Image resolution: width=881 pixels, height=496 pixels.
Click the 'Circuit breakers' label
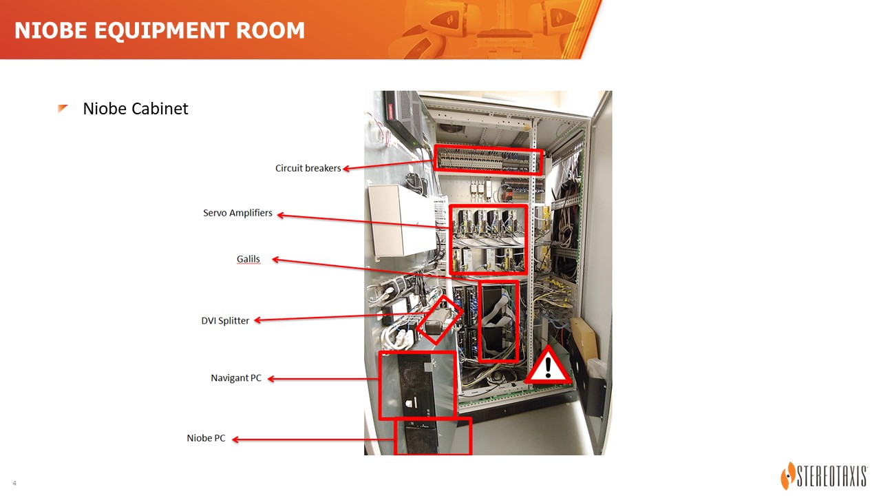click(308, 168)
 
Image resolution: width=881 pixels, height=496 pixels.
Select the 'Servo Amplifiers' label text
click(237, 213)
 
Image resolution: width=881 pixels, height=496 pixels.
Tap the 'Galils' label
click(248, 259)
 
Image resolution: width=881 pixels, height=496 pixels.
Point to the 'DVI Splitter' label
click(225, 320)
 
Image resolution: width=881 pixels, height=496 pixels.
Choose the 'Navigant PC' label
click(236, 378)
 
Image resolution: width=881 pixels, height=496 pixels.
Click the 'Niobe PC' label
click(206, 438)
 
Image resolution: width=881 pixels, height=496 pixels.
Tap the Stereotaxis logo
click(824, 475)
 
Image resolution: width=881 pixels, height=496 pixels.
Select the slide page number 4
click(14, 483)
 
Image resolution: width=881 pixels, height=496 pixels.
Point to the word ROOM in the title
click(270, 30)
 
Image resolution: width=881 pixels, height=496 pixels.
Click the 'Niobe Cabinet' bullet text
click(136, 109)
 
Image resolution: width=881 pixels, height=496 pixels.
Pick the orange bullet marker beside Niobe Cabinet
click(62, 108)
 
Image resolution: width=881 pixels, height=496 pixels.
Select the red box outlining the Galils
click(479, 321)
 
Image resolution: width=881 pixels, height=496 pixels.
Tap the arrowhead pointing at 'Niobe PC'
click(235, 440)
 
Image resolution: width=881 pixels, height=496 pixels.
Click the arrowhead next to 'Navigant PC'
click(271, 379)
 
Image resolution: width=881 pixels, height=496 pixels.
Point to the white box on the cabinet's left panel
click(401, 220)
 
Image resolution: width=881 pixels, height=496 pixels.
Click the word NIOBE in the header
click(51, 30)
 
